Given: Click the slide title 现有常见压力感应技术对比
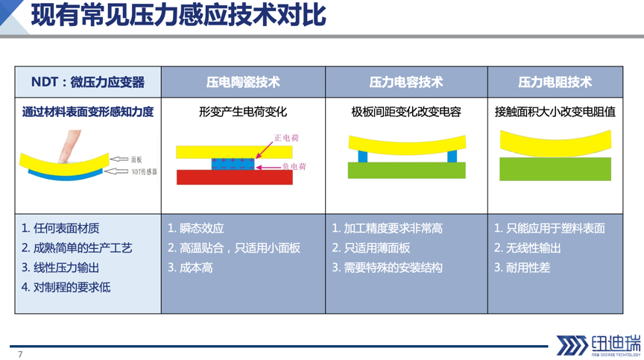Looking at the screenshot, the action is pyautogui.click(x=179, y=15).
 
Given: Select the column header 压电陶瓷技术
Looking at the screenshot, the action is pyautogui.click(x=243, y=82).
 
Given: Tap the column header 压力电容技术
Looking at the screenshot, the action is pyautogui.click(x=406, y=82).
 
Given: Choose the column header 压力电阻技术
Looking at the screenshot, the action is pyautogui.click(x=555, y=82).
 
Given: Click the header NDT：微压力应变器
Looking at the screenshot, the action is pyautogui.click(x=88, y=82).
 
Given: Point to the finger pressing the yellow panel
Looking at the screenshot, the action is pyautogui.click(x=69, y=147).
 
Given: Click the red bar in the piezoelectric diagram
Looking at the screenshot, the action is pyautogui.click(x=235, y=177).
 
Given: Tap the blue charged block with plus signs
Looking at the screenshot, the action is pyautogui.click(x=233, y=164).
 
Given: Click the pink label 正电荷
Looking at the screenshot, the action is pyautogui.click(x=287, y=138).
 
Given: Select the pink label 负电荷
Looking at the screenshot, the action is pyautogui.click(x=294, y=166).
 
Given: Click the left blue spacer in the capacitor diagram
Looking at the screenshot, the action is pyautogui.click(x=363, y=157).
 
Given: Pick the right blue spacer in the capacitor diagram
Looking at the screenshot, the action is pyautogui.click(x=452, y=157).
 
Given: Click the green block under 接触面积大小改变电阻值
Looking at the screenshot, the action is pyautogui.click(x=555, y=168).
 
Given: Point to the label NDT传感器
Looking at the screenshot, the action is pyautogui.click(x=144, y=172).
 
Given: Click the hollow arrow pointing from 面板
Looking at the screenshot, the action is pyautogui.click(x=119, y=160).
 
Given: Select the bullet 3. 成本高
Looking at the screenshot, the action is pyautogui.click(x=190, y=268).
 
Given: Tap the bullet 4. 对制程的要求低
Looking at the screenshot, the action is pyautogui.click(x=66, y=288).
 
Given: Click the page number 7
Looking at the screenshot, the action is pyautogui.click(x=20, y=354).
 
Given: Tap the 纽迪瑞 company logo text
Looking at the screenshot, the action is pyautogui.click(x=616, y=343).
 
